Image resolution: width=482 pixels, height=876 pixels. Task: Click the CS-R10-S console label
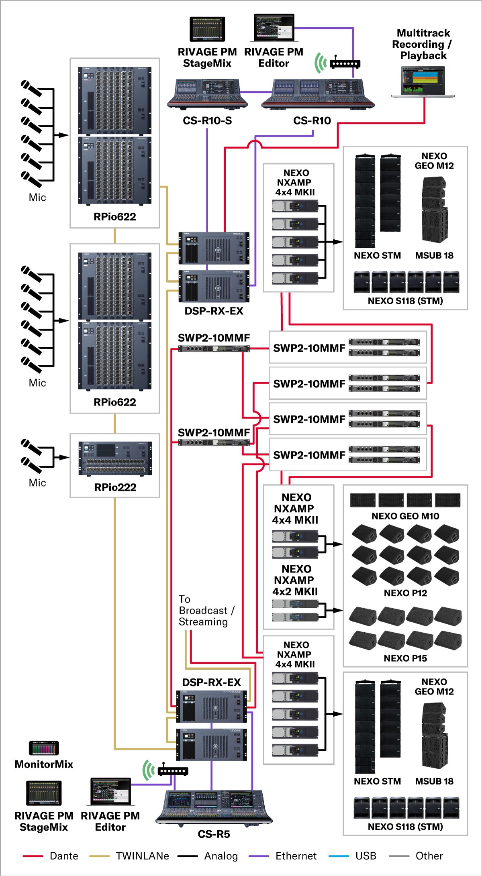tap(207, 120)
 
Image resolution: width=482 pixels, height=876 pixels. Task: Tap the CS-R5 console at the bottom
tap(214, 807)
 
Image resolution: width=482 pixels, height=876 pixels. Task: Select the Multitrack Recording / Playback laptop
tap(423, 82)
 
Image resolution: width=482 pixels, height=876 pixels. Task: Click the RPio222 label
tap(115, 487)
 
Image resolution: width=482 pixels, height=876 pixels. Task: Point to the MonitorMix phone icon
tap(44, 748)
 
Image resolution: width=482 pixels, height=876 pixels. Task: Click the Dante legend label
tap(64, 856)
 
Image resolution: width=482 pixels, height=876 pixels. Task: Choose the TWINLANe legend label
tap(142, 856)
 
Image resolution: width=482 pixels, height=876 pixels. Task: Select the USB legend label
tap(366, 856)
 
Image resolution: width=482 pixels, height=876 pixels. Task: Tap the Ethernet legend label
tap(296, 856)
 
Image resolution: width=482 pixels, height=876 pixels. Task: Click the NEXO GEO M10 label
tap(405, 516)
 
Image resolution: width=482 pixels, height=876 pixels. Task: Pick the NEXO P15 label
tap(405, 658)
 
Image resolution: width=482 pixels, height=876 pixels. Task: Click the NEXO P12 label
tap(405, 593)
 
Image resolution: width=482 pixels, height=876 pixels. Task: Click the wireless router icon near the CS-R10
tap(345, 63)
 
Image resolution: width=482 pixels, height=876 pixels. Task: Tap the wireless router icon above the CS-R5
tap(173, 771)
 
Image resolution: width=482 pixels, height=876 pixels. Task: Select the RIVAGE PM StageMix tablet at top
tap(207, 29)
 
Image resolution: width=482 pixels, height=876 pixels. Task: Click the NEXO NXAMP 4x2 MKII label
tap(295, 580)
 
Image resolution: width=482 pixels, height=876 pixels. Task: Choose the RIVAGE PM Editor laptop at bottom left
tap(110, 791)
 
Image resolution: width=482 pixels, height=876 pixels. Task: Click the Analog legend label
tap(221, 856)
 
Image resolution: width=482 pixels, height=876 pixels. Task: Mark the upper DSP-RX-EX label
tap(214, 311)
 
